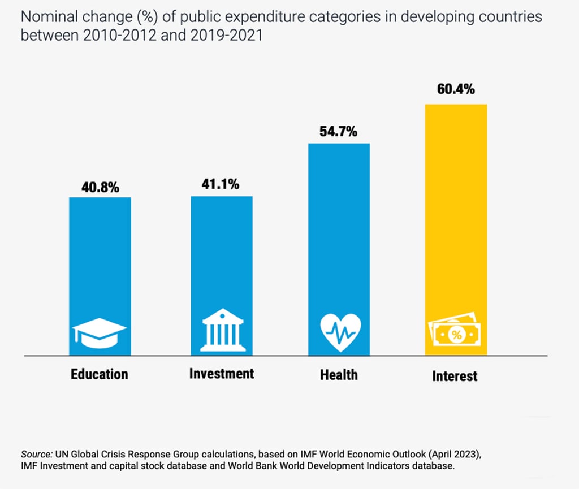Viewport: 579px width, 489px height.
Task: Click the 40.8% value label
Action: pyautogui.click(x=100, y=188)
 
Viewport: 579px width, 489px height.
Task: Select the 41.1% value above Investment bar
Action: pyautogui.click(x=221, y=184)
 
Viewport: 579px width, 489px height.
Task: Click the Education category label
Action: pyautogui.click(x=100, y=374)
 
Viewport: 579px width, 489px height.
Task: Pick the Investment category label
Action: pyautogui.click(x=222, y=374)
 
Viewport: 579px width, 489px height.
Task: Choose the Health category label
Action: pyautogui.click(x=339, y=374)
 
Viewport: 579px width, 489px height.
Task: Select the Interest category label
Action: pyautogui.click(x=455, y=376)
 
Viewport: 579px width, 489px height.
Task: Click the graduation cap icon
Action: pyautogui.click(x=99, y=335)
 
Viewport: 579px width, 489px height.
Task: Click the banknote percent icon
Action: pyautogui.click(x=455, y=334)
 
